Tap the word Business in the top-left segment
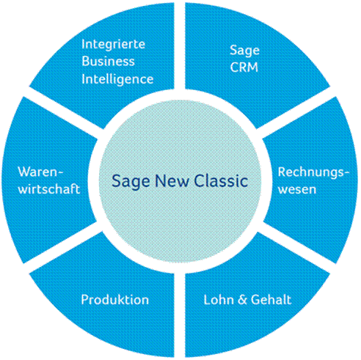[108, 61]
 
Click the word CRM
[244, 67]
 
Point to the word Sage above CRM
[244, 51]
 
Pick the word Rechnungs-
[314, 173]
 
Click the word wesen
[297, 190]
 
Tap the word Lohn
[219, 300]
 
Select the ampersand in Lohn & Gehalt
[242, 300]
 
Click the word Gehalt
[271, 300]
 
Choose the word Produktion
[115, 300]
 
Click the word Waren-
[40, 172]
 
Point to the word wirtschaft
[49, 188]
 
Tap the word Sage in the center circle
[131, 182]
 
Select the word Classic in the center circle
[221, 181]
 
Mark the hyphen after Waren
[60, 173]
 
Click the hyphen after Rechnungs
[347, 173]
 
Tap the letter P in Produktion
[84, 300]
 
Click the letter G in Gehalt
[255, 300]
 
